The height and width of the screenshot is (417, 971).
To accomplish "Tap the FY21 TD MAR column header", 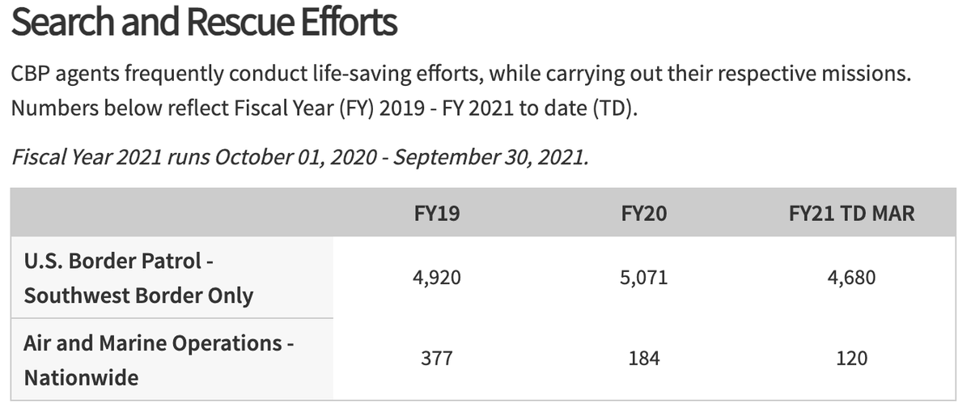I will pyautogui.click(x=850, y=215).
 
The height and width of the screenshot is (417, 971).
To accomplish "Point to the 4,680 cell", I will pyautogui.click(x=850, y=278).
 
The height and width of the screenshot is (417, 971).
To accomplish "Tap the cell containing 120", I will pyautogui.click(x=850, y=358).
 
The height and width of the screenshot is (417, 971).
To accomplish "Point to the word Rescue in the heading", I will pyautogui.click(x=235, y=23).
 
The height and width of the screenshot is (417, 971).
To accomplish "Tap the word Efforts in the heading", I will pyautogui.click(x=350, y=23).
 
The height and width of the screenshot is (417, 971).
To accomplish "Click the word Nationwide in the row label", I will pyautogui.click(x=81, y=377).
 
